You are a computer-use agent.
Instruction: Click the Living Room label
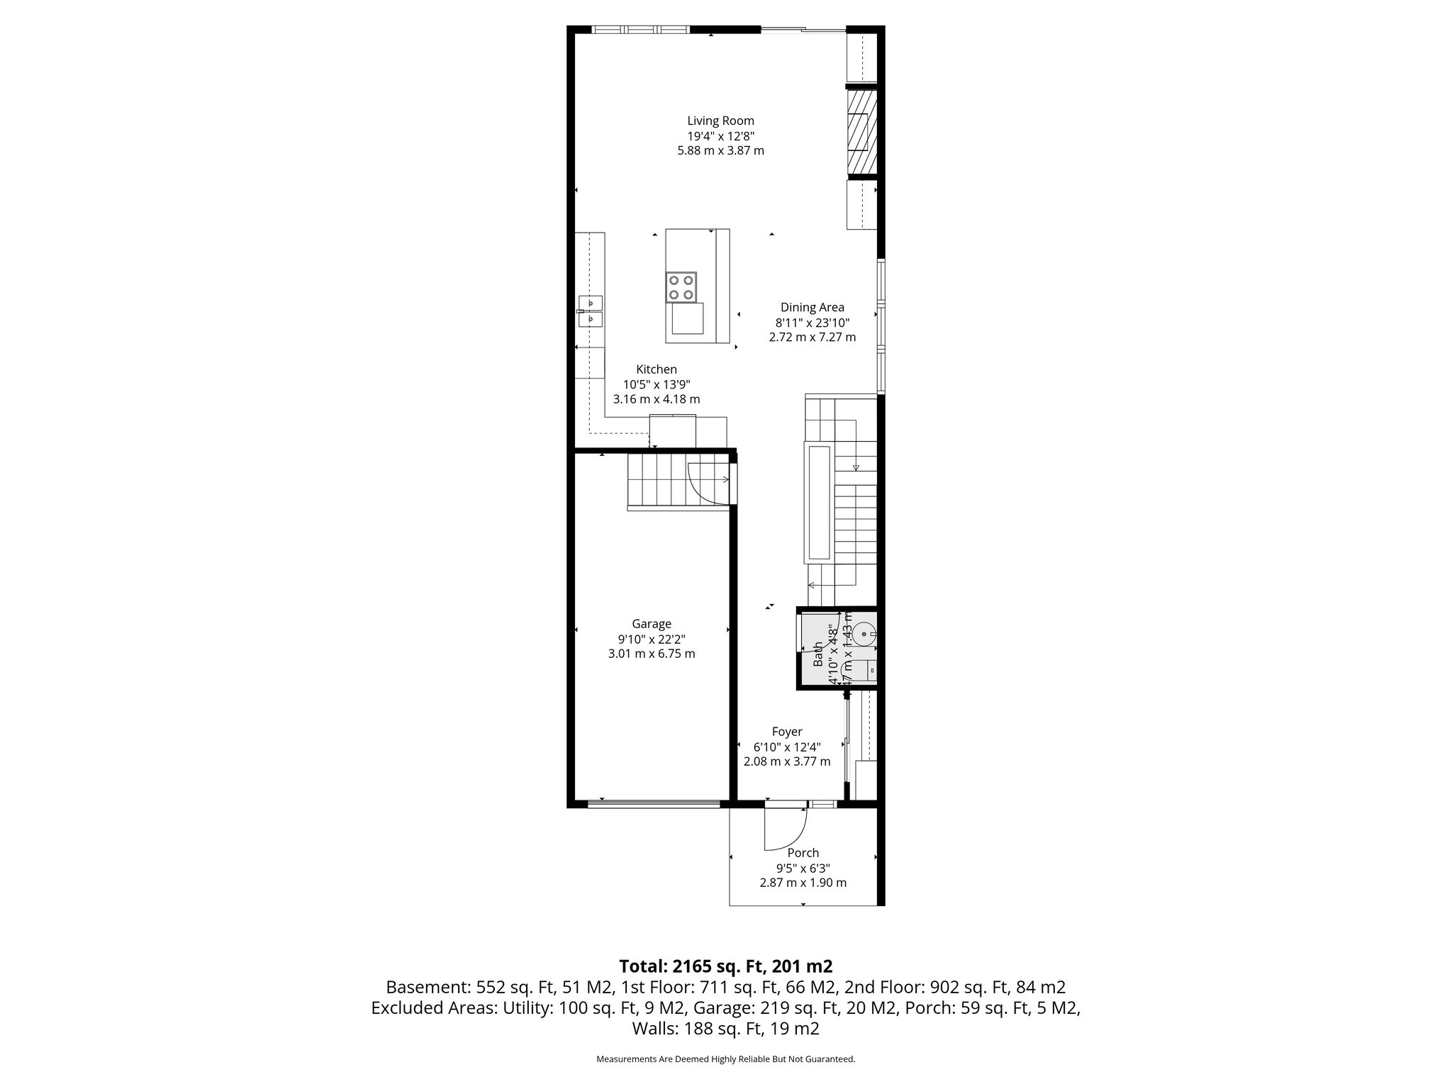tap(720, 121)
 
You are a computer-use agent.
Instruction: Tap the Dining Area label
tap(812, 307)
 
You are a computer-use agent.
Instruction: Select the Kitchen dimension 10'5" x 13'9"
tap(657, 384)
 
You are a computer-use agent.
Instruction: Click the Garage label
tap(652, 624)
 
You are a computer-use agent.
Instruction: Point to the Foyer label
tap(787, 732)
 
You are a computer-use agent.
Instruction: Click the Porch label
tap(803, 853)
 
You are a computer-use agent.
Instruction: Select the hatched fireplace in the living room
tap(862, 130)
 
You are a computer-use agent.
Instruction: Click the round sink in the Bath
tap(864, 633)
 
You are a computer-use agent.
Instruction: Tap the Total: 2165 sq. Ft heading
tap(725, 966)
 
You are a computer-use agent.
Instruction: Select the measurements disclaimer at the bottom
tap(725, 1059)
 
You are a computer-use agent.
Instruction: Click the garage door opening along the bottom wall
tap(653, 804)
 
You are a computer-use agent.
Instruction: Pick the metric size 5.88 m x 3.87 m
tap(720, 150)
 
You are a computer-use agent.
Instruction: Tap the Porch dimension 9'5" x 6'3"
tap(803, 868)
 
